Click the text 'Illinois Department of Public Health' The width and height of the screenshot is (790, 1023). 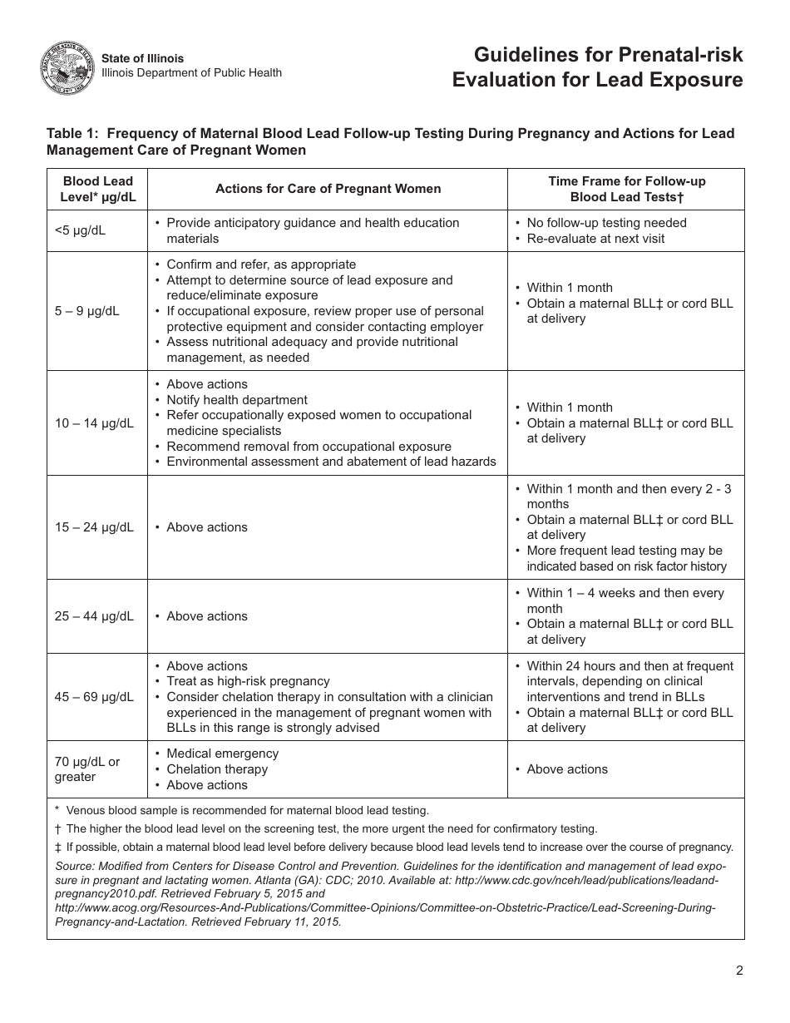point(191,73)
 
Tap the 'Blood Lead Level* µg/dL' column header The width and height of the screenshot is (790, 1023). point(97,189)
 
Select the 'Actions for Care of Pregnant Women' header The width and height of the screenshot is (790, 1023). point(328,189)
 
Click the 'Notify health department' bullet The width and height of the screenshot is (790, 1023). point(236,400)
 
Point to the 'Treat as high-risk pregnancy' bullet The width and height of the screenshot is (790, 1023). point(248,681)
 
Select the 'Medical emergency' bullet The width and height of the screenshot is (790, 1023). point(222,754)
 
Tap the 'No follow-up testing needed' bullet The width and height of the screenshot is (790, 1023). point(606,223)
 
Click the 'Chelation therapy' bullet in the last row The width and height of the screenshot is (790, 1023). point(217,769)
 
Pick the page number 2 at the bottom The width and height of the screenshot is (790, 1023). point(738,971)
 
